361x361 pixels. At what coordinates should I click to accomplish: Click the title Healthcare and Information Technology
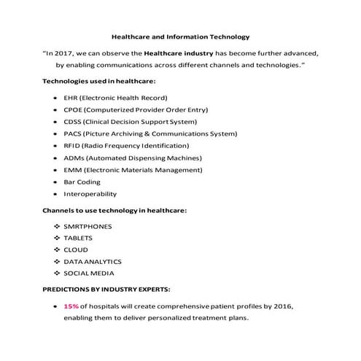(180, 34)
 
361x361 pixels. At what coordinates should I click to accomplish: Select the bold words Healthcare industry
(180, 53)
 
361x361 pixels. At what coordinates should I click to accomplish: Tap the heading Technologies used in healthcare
(99, 81)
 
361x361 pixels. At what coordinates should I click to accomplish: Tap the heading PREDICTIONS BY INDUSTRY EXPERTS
(108, 289)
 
